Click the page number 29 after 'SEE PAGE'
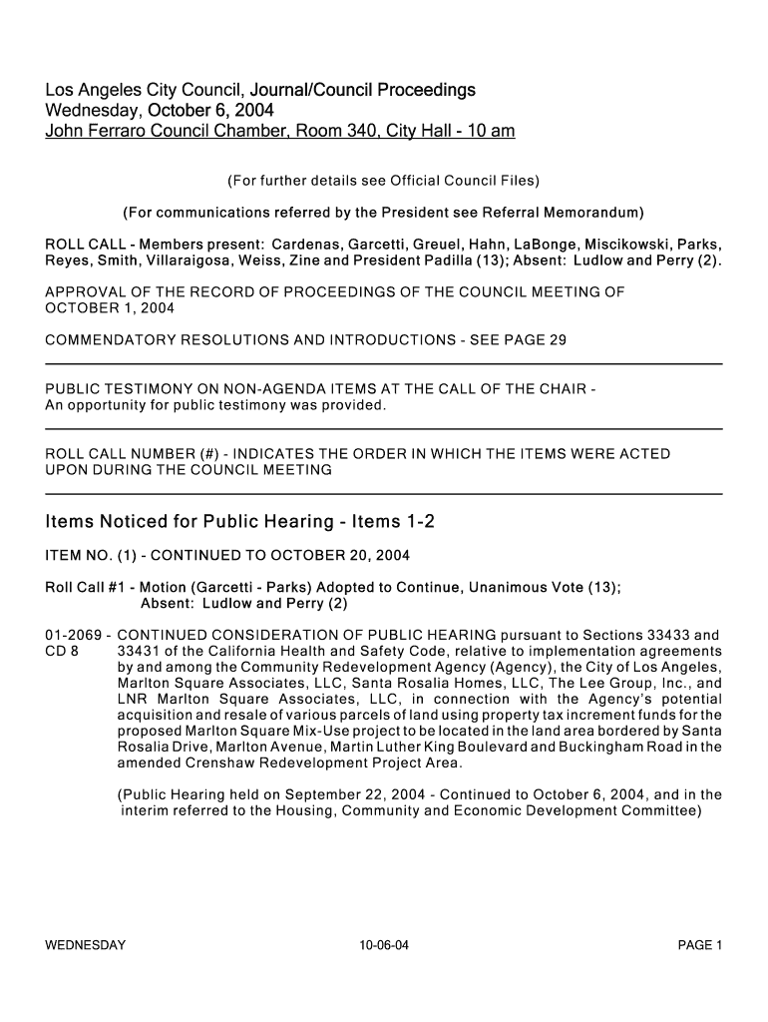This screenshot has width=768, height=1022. pos(558,340)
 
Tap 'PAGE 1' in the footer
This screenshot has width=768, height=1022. pos(699,945)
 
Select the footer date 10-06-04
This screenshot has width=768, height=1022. pos(384,945)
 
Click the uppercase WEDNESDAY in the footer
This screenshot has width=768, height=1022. pos(86,945)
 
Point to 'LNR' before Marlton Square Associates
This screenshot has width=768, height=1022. pos(134,700)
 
